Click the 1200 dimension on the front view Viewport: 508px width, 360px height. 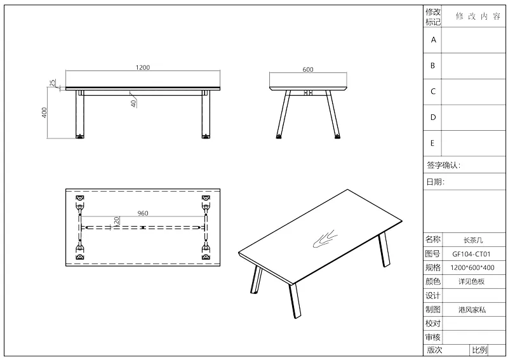(142, 67)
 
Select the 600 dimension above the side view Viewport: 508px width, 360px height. (308, 69)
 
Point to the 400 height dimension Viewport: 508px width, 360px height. (44, 112)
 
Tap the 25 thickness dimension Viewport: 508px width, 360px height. (53, 83)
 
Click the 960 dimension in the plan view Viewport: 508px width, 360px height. (142, 213)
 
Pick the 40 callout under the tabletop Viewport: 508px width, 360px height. (133, 103)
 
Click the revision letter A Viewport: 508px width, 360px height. (433, 40)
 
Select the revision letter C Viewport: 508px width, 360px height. (433, 91)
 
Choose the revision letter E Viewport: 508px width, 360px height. (432, 143)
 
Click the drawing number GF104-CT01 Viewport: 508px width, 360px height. (471, 254)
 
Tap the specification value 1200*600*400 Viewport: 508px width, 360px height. (472, 268)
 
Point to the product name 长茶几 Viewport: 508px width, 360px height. (473, 240)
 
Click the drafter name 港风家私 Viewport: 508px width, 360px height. (472, 310)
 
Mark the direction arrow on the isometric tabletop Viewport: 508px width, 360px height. (325, 239)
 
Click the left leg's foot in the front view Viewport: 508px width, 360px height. (80, 137)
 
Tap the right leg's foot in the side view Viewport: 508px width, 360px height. (338, 137)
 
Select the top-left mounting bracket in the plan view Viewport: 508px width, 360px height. (79, 198)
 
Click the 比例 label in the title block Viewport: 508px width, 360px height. (479, 350)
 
